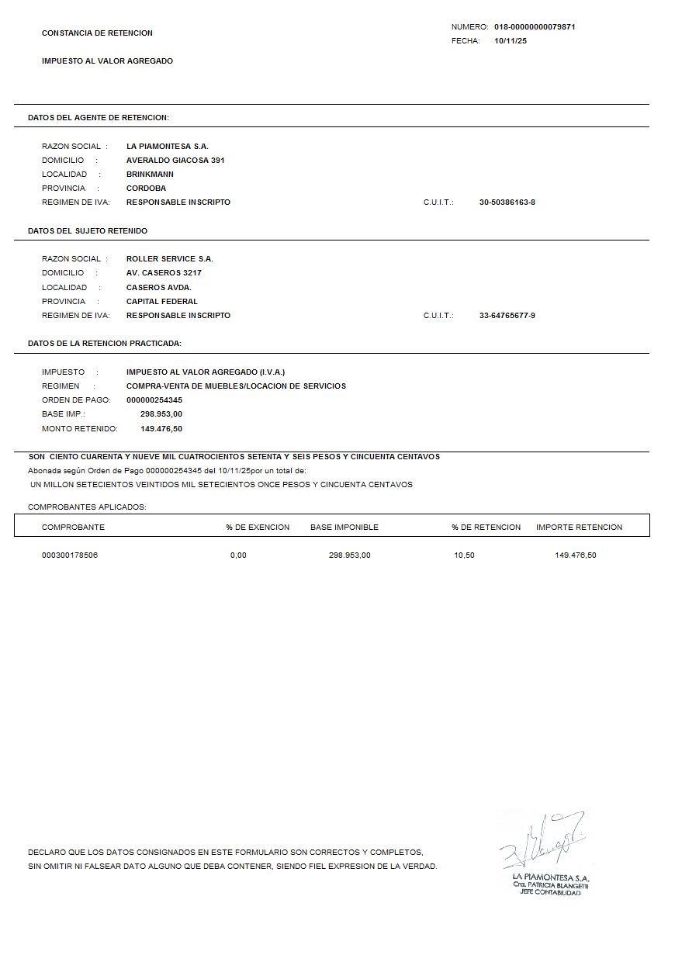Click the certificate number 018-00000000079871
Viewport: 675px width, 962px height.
(535, 27)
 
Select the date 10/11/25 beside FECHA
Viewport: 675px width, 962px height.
(511, 41)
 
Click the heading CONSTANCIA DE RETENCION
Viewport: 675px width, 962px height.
(97, 33)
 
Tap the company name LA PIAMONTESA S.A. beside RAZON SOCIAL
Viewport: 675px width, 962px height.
(168, 147)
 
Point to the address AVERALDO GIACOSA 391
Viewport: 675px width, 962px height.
(175, 161)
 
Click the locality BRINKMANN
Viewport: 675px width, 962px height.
(150, 175)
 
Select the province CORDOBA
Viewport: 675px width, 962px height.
(146, 189)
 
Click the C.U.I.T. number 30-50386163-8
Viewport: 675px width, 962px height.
(507, 202)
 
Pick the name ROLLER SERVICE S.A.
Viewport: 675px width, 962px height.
(170, 259)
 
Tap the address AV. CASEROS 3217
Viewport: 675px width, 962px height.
(164, 273)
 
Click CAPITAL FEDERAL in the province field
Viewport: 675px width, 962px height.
(162, 302)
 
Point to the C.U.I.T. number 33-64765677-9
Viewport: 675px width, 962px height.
(507, 316)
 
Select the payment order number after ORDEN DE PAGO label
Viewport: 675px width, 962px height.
(154, 400)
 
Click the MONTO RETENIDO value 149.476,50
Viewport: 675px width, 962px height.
(161, 429)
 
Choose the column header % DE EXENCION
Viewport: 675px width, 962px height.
(258, 528)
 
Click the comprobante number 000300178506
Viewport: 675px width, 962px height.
(70, 555)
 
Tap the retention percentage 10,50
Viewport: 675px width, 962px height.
(464, 555)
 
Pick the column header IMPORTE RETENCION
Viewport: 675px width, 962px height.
(579, 528)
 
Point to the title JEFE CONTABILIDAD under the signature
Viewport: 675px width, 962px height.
(550, 893)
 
